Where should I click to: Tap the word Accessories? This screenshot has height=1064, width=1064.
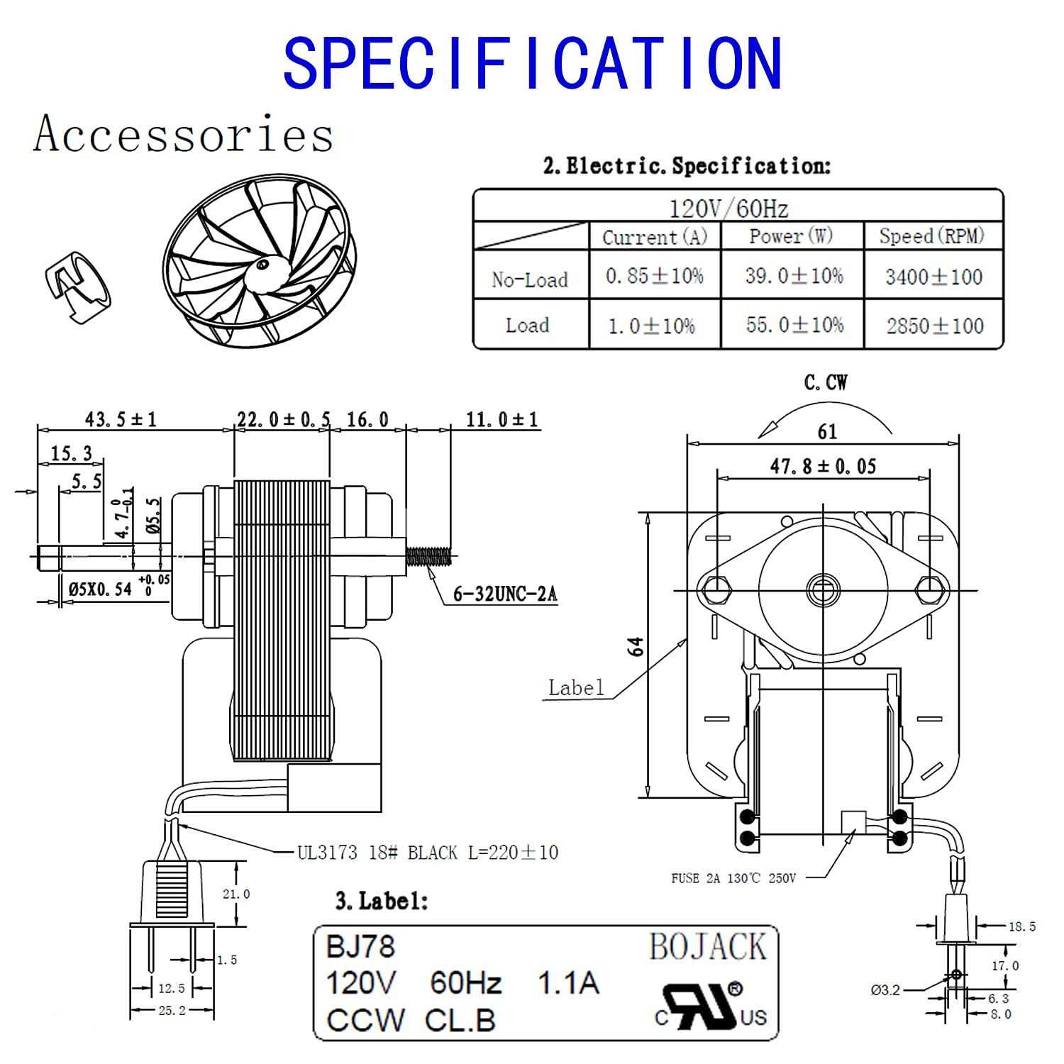pyautogui.click(x=183, y=134)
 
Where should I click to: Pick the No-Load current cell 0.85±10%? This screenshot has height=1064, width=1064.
pyautogui.click(x=654, y=276)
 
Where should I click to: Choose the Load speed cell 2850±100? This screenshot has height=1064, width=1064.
pyautogui.click(x=934, y=326)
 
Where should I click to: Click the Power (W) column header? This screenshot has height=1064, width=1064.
pyautogui.click(x=792, y=236)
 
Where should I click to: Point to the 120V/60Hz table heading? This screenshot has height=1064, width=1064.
pyautogui.click(x=729, y=209)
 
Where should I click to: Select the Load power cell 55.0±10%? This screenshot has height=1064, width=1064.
pyautogui.click(x=794, y=325)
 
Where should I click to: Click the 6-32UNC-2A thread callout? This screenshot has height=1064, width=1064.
pyautogui.click(x=505, y=594)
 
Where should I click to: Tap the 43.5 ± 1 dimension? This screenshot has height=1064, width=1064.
pyautogui.click(x=121, y=419)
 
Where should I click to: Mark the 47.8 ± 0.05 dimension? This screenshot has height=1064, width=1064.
pyautogui.click(x=823, y=466)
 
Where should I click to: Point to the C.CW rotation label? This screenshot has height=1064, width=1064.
pyautogui.click(x=826, y=383)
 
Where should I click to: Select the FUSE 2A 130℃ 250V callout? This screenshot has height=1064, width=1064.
pyautogui.click(x=733, y=878)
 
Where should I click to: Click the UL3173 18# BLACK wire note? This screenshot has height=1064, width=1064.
pyautogui.click(x=427, y=852)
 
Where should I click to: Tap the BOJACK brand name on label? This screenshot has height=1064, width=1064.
pyautogui.click(x=707, y=948)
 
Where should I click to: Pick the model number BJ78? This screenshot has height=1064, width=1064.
pyautogui.click(x=360, y=946)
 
